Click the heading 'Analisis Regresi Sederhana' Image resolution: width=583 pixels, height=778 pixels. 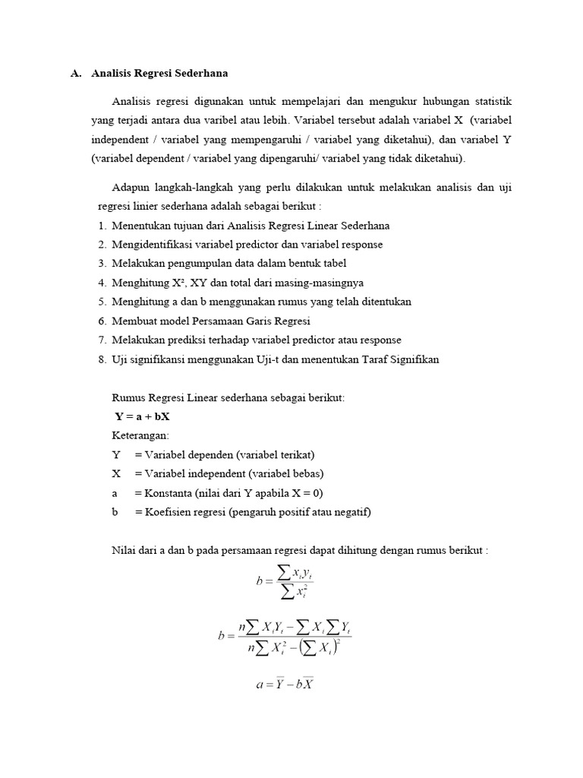(159, 74)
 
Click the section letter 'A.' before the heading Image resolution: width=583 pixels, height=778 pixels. (75, 74)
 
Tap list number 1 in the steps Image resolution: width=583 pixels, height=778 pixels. (102, 226)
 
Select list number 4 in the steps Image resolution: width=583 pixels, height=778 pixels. (102, 283)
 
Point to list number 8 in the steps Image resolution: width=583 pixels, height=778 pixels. (102, 359)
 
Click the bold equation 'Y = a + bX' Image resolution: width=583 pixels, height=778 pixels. (142, 417)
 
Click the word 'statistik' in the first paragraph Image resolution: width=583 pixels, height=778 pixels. (490, 101)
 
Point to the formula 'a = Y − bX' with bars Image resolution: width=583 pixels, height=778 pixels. (285, 684)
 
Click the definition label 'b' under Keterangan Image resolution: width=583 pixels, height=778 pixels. (115, 512)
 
